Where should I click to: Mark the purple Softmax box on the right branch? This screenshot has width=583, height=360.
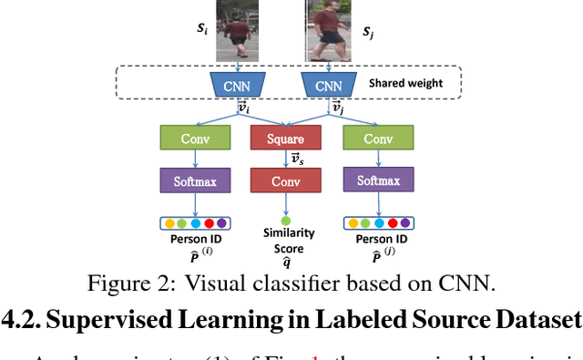377,180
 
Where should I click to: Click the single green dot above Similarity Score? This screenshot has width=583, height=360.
285,221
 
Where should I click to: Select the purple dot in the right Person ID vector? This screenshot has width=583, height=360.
404,221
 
